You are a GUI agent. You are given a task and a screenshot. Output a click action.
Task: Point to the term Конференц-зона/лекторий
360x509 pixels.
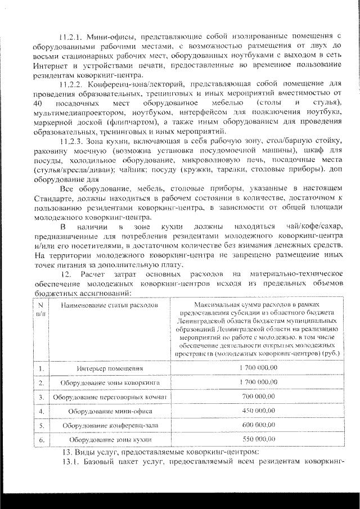[136, 85]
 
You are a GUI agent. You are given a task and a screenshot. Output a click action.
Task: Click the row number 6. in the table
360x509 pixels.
[42, 439]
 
